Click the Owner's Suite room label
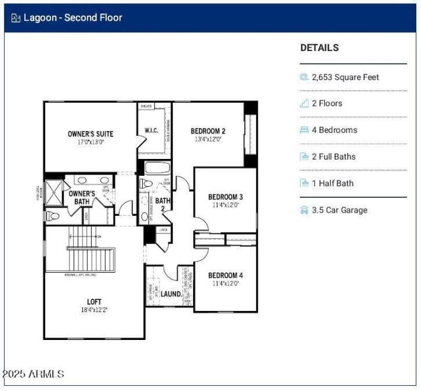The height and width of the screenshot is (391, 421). (x=90, y=134)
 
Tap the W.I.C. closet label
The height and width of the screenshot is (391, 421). (x=151, y=131)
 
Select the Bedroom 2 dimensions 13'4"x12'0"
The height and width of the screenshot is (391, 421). (x=208, y=139)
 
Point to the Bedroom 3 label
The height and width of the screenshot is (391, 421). (x=225, y=197)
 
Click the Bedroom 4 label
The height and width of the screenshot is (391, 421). (x=225, y=275)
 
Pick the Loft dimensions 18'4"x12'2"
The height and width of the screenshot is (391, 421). (x=94, y=309)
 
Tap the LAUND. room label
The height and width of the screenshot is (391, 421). (x=171, y=294)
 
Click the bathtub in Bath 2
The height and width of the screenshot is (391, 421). (x=156, y=168)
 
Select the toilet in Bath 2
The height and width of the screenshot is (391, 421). (x=147, y=184)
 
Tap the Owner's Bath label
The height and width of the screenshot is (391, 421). (x=82, y=197)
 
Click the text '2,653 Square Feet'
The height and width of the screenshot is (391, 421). (x=345, y=77)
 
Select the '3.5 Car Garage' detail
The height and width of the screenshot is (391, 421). (x=339, y=210)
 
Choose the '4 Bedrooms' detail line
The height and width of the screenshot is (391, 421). (x=334, y=130)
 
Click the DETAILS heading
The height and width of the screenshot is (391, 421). (x=319, y=47)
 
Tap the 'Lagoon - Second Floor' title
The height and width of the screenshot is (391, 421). (x=73, y=17)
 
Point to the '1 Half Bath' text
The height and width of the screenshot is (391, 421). (x=333, y=183)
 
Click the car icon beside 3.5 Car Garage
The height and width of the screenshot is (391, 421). (x=304, y=210)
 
